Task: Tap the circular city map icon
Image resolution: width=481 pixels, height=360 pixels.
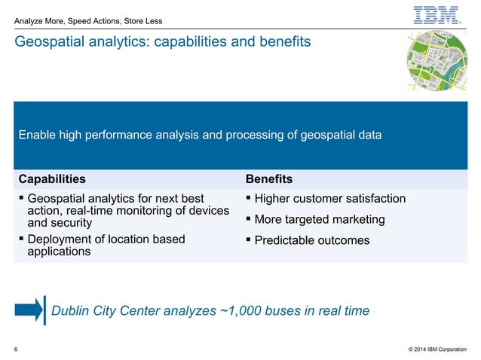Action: coord(436,64)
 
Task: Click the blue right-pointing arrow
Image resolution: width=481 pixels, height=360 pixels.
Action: coord(29,310)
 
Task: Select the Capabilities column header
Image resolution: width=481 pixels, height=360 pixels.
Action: coord(51,179)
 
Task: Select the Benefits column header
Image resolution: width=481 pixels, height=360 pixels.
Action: coord(269,179)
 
